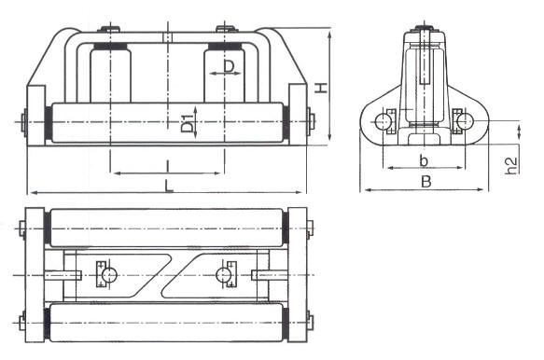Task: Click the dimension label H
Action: coord(320,88)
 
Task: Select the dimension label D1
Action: coord(188,122)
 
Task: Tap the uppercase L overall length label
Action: coord(169,186)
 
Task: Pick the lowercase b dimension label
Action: coord(424,159)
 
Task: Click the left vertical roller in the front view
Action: coord(109,75)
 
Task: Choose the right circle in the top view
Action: coord(223,274)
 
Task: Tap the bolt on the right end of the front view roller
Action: coord(312,121)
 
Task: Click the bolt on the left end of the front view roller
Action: coord(23,121)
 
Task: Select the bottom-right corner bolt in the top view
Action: coord(311,323)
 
